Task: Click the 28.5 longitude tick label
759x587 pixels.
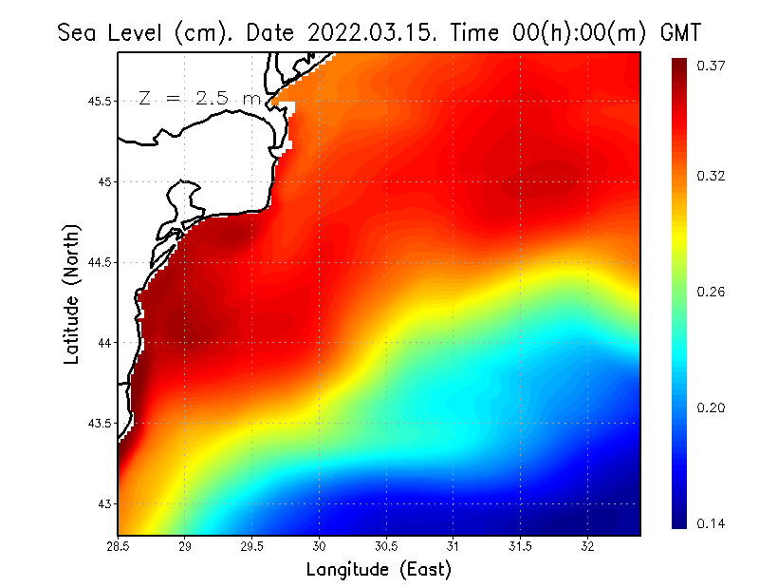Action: coord(119,546)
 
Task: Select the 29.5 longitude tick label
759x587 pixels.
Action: coord(252,546)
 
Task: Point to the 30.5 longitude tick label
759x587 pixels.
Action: coord(386,546)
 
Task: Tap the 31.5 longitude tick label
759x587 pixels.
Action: coord(520,546)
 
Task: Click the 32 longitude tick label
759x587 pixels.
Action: coord(587,546)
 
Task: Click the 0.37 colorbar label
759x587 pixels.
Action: coord(713,66)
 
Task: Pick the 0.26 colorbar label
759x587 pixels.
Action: coord(713,292)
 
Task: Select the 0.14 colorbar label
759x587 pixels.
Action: coord(713,523)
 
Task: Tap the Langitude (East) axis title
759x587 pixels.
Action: coord(379,570)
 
